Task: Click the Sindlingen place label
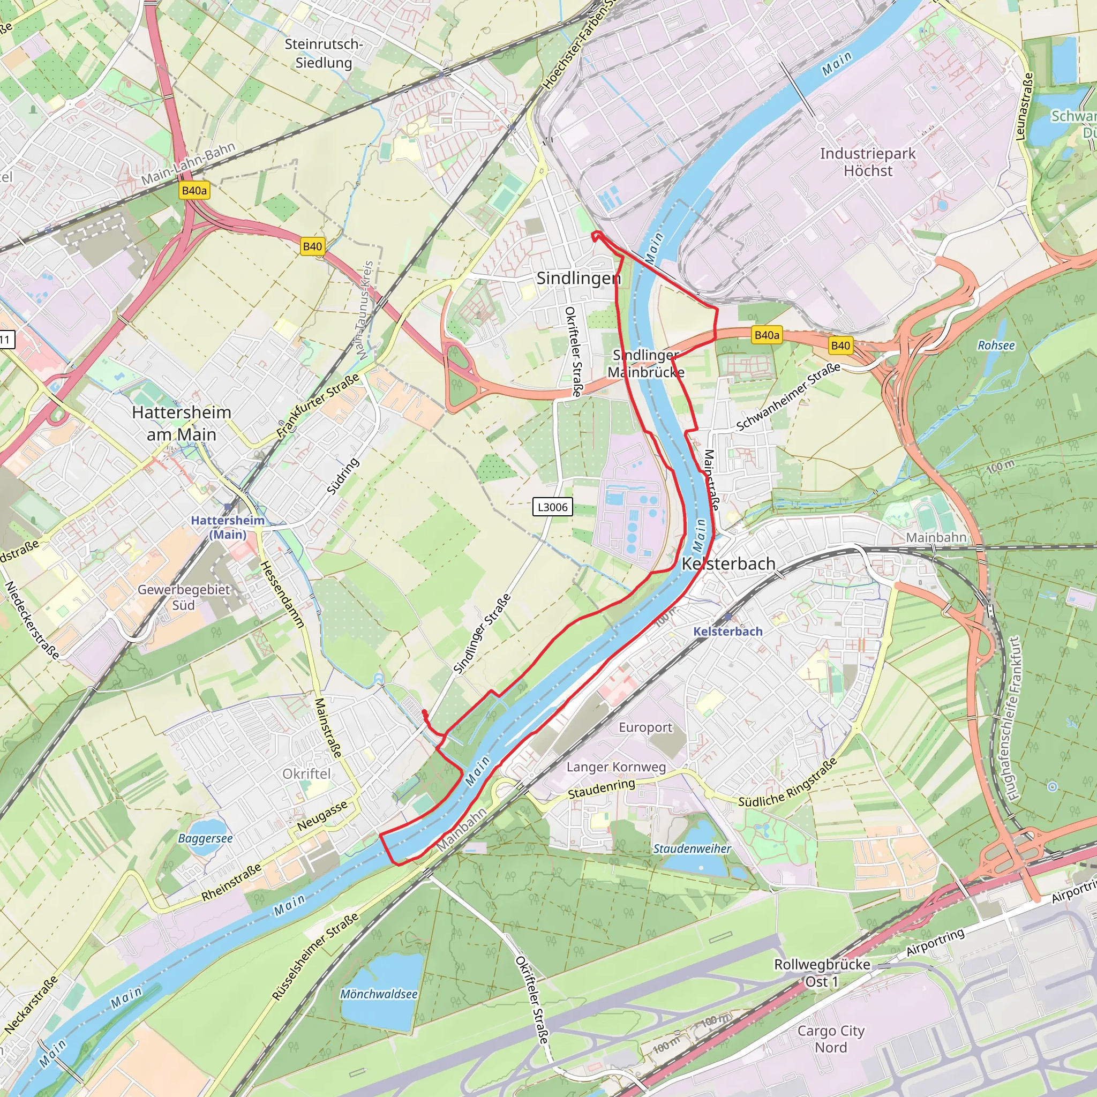[x=578, y=278]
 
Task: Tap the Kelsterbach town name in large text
[x=728, y=564]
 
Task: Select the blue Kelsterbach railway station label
[x=727, y=632]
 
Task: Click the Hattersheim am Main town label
[x=181, y=423]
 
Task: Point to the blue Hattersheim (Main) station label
[x=227, y=527]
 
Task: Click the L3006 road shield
[x=552, y=507]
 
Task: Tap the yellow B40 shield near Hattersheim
[x=312, y=246]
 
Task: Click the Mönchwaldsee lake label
[x=379, y=994]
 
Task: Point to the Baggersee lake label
[x=205, y=839]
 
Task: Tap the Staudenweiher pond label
[x=692, y=848]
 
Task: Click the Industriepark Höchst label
[x=868, y=162]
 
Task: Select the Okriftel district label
[x=306, y=774]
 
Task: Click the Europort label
[x=645, y=727]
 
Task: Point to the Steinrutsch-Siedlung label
[x=324, y=54]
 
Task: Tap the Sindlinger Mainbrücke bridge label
[x=645, y=363]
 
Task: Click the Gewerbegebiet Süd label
[x=183, y=597]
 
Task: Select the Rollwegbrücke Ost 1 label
[x=822, y=973]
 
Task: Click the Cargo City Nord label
[x=830, y=1039]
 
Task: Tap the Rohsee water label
[x=996, y=345]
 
